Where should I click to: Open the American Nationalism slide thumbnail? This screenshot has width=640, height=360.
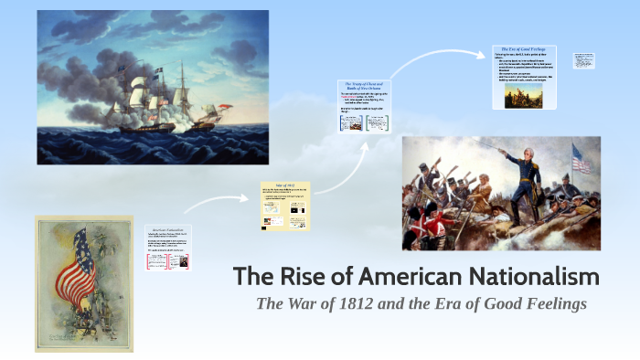click(x=169, y=248)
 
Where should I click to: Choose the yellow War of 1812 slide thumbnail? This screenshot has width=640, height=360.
click(x=284, y=206)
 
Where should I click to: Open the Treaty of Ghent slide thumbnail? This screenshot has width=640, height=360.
click(x=365, y=108)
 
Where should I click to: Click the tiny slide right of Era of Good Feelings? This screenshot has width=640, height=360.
click(x=583, y=60)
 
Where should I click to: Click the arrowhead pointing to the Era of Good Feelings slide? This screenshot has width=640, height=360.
click(x=482, y=56)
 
